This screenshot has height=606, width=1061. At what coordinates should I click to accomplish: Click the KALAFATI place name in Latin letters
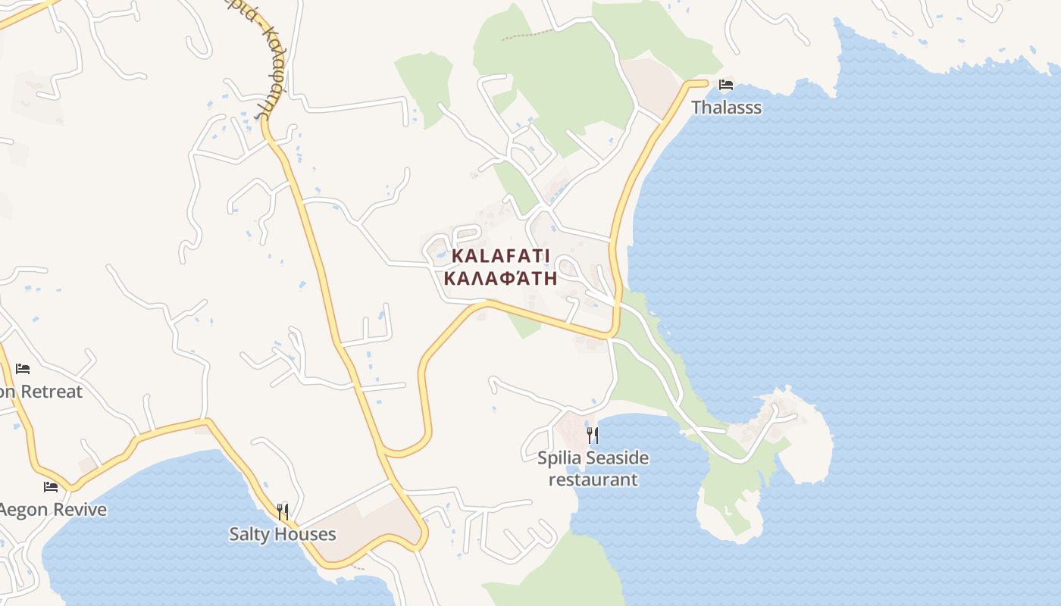coord(501,256)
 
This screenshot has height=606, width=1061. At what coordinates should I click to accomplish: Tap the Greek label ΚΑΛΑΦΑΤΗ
coord(501,278)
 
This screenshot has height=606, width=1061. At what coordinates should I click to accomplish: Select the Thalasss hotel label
coord(726,108)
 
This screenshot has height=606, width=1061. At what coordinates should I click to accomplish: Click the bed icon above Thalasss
coord(726,84)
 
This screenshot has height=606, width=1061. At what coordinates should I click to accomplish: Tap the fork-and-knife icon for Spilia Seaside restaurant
coord(593,435)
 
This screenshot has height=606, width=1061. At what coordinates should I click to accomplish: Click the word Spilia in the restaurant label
coord(562,458)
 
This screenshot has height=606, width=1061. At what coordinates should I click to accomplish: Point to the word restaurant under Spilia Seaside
coord(593,479)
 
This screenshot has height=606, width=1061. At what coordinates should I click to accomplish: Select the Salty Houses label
coord(283,534)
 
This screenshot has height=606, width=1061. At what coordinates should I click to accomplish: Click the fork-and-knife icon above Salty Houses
coord(283,512)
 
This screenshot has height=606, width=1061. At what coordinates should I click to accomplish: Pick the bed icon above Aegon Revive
coord(51,486)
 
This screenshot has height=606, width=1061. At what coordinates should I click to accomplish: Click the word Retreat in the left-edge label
coord(52,392)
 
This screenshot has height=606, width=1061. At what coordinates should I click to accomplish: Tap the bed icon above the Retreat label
coord(23,369)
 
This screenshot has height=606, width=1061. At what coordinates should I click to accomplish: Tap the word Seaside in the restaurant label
coord(620,458)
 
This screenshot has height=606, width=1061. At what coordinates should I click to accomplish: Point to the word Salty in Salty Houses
coord(249,534)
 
